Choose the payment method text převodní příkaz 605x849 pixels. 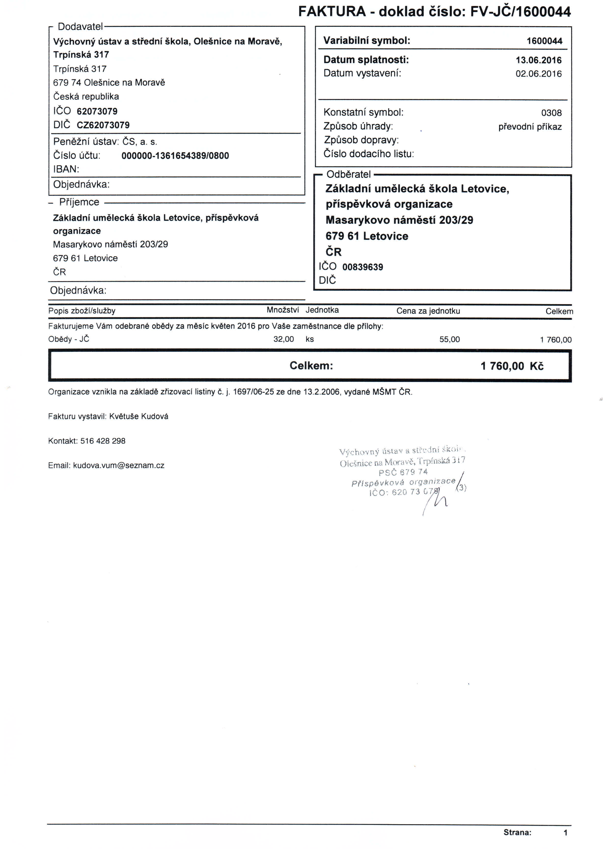[x=530, y=127]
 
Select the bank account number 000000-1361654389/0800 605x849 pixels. [x=175, y=156]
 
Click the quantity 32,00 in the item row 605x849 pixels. [x=284, y=340]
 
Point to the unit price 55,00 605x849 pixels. [x=449, y=340]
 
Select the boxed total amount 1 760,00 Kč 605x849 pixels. [x=512, y=366]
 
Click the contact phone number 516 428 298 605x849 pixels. [x=103, y=441]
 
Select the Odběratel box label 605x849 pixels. [x=348, y=174]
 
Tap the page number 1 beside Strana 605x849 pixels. [x=565, y=833]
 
